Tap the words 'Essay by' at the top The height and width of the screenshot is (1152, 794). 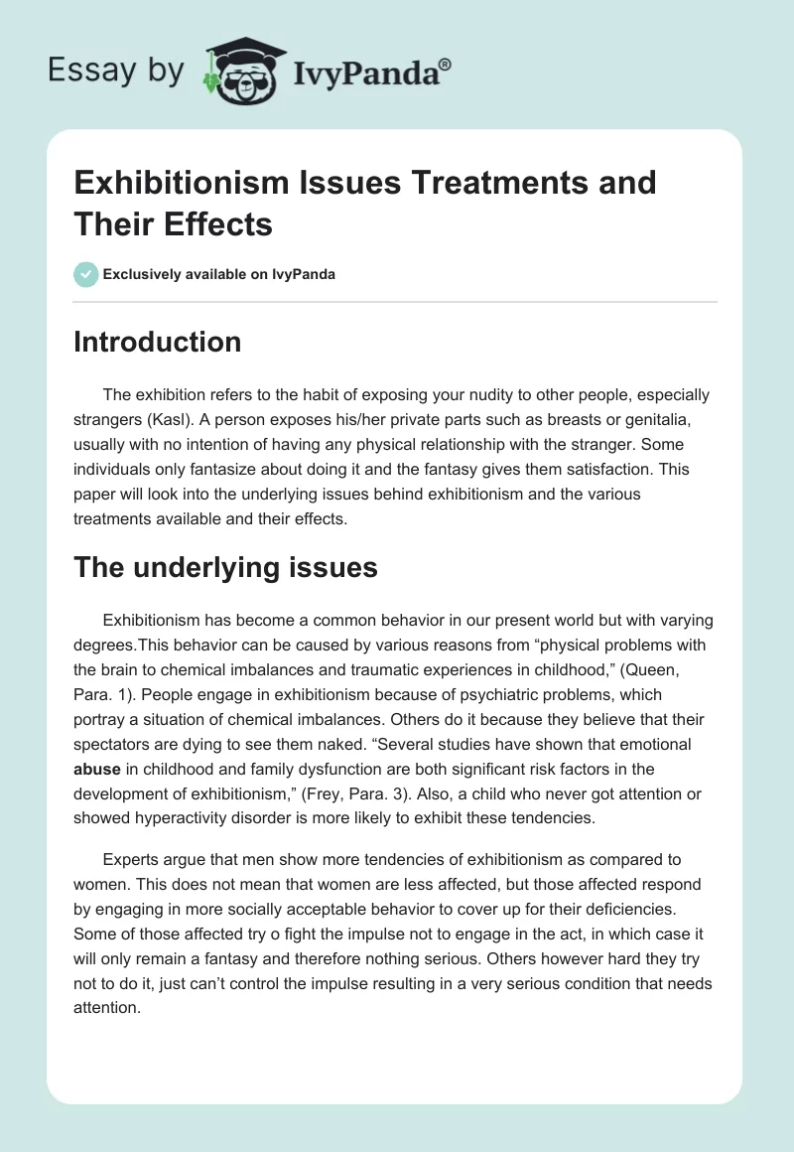115,72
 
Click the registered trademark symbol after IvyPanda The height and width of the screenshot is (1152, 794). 445,65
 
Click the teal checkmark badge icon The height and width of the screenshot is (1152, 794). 86,274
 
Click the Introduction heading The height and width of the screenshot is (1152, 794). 158,342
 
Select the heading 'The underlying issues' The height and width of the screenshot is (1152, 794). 225,567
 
